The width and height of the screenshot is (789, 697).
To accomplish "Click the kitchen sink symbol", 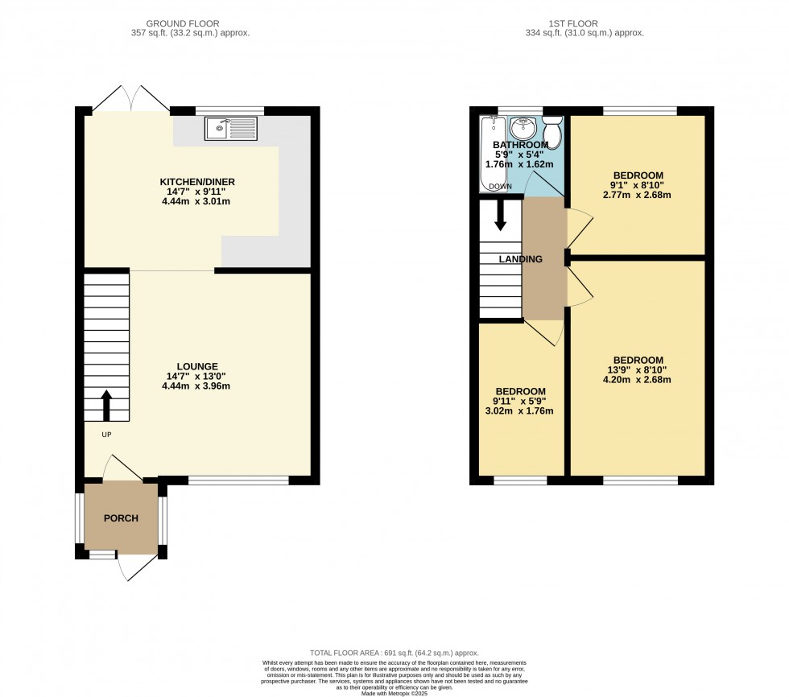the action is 231,128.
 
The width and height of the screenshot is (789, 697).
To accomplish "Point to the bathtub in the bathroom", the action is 493,154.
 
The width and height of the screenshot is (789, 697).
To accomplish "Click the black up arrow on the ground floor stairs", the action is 106,406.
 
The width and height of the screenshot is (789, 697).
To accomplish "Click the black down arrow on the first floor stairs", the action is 500,216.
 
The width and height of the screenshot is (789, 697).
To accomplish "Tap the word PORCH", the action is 121,518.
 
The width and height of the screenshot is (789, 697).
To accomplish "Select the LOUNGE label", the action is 197,366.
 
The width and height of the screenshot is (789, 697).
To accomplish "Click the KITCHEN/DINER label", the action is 197,182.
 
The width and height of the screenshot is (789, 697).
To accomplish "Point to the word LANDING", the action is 521,259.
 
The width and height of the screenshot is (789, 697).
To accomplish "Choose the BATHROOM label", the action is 521,145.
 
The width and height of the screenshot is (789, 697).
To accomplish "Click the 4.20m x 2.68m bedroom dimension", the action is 637,380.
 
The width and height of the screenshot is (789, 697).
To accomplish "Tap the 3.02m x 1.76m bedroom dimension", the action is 519,410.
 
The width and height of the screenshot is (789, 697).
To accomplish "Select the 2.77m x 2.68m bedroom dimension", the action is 637,195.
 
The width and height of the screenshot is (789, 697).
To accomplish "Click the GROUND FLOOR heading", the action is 183,23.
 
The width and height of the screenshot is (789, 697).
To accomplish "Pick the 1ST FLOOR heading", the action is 573,23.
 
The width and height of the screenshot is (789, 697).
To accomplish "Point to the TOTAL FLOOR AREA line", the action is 394,653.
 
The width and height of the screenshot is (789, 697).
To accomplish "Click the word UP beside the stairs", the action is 106,435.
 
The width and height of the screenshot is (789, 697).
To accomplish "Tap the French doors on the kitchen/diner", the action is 131,98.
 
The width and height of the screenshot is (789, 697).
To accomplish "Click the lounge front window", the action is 238,481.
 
